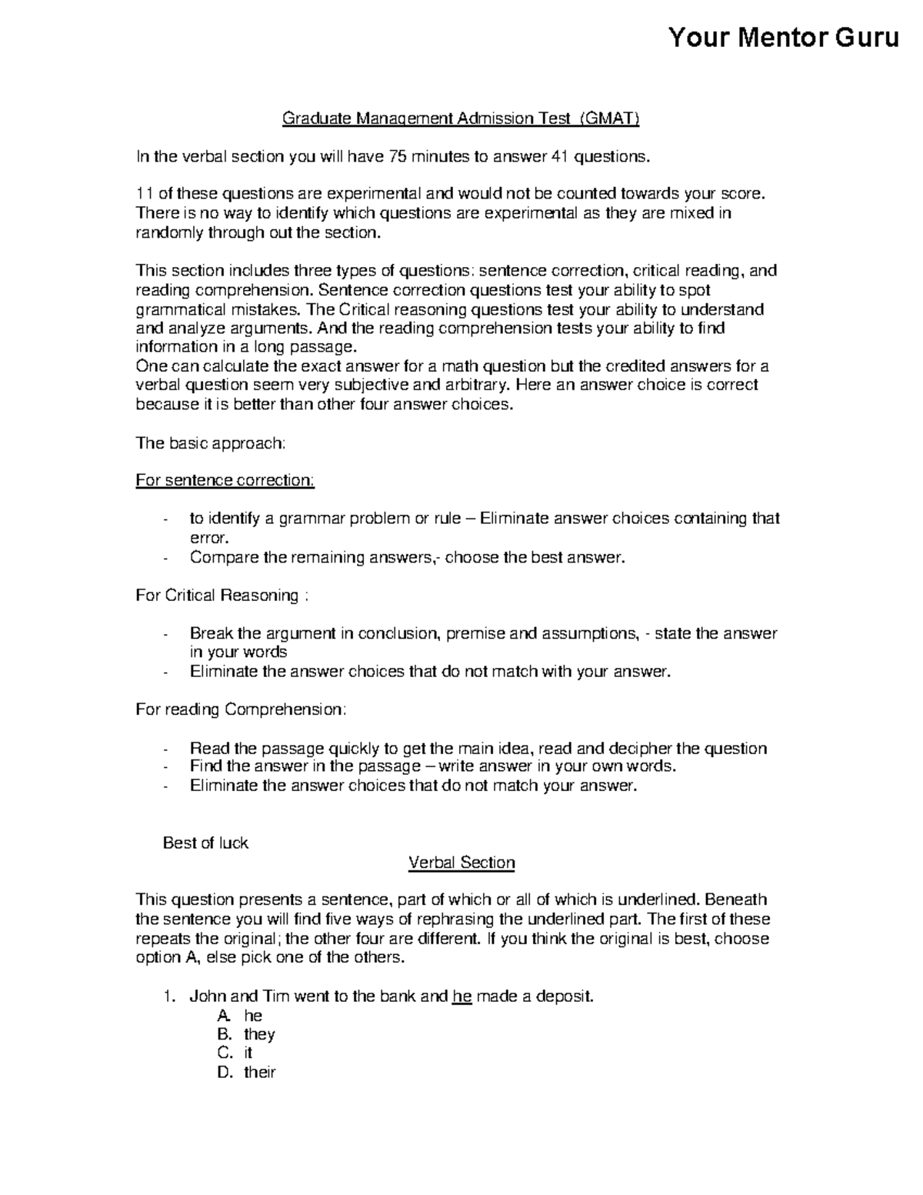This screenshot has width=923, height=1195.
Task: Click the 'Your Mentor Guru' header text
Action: [783, 37]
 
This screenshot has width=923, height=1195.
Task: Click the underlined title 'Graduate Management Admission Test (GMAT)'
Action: [461, 118]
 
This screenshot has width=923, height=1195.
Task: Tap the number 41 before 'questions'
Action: [561, 157]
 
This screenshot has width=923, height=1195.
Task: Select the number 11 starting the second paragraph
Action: [143, 194]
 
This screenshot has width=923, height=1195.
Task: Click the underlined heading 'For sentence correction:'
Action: [225, 480]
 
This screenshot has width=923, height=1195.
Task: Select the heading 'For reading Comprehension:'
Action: [241, 709]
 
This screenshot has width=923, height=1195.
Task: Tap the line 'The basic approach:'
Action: [211, 442]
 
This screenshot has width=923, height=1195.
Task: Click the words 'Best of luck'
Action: [205, 843]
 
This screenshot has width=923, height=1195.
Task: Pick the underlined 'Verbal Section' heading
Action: [461, 863]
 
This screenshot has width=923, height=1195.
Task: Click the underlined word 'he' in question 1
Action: [461, 996]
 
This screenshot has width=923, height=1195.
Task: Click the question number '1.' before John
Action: [170, 996]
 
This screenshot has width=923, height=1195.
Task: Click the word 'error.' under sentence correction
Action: [209, 538]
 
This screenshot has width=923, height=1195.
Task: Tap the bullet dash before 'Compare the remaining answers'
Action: [165, 558]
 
